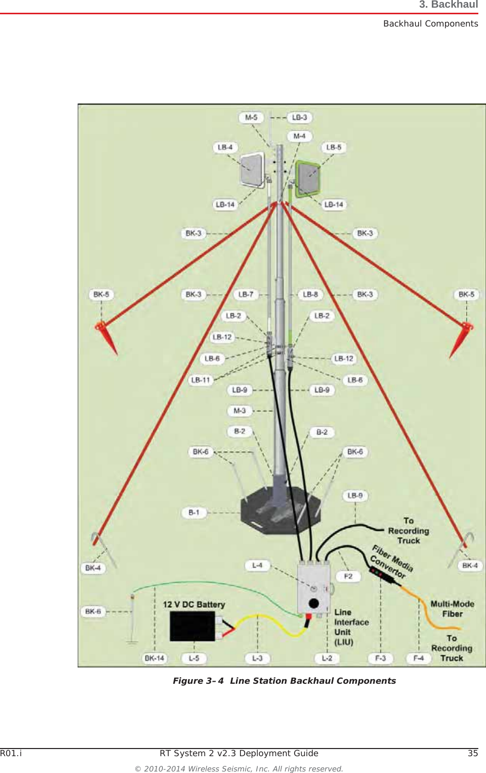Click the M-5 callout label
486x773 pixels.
(251, 117)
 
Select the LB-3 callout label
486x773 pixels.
(299, 117)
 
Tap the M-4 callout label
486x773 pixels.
(299, 136)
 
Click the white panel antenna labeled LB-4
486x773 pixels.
(252, 170)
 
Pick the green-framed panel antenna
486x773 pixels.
(308, 178)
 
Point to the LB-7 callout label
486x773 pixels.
(246, 294)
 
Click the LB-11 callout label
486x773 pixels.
(201, 380)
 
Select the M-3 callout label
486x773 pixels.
(239, 410)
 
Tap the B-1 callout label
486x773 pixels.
(194, 512)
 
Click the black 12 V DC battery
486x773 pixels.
(192, 626)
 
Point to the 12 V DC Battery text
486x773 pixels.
(194, 604)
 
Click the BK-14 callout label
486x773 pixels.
(154, 658)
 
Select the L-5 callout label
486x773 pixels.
(194, 658)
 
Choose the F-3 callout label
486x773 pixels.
(380, 658)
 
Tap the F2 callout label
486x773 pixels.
(348, 576)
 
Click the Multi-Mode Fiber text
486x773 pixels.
(452, 609)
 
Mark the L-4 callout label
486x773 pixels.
(257, 565)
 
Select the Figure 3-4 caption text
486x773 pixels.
(284, 681)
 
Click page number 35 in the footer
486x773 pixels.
(473, 753)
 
